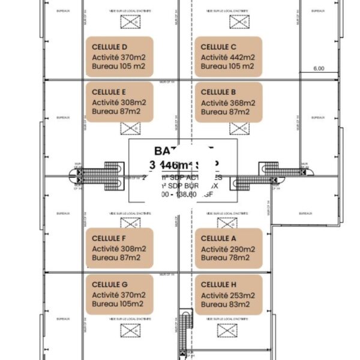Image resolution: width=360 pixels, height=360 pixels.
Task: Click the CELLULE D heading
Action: [110, 46]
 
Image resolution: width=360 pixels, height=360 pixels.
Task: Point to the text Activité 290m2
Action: [228, 248]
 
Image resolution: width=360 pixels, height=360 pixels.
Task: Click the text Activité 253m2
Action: [228, 295]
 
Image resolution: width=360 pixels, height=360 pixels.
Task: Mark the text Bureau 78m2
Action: [224, 258]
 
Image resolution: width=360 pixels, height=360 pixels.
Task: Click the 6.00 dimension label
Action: [319, 68]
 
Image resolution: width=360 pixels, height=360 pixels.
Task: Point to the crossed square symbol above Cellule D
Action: [128, 22]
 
